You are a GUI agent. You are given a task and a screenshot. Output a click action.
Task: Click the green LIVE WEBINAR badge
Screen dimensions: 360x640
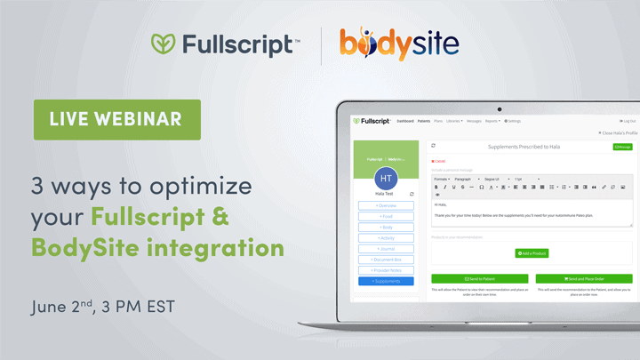[x=117, y=119]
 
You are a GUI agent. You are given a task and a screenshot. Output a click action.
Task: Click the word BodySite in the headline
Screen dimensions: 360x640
[x=81, y=245]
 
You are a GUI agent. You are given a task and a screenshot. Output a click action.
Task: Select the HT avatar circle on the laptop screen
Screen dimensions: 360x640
[x=386, y=179]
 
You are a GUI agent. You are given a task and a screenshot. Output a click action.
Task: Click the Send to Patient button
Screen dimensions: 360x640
[x=479, y=278]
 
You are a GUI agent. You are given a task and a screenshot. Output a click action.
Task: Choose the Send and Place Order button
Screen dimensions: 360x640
[x=584, y=278]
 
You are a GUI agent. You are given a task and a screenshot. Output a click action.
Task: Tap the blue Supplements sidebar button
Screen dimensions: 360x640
[x=386, y=281]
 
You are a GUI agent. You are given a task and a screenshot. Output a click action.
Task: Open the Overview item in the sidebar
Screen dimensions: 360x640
[x=386, y=204]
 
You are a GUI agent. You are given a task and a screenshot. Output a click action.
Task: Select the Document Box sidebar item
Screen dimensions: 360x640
[x=386, y=260]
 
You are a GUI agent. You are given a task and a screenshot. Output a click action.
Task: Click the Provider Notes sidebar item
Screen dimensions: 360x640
[x=386, y=270]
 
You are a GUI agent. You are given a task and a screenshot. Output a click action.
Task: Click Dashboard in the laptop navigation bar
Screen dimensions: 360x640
[x=405, y=121]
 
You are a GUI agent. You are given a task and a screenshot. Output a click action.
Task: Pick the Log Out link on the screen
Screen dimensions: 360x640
[x=627, y=121]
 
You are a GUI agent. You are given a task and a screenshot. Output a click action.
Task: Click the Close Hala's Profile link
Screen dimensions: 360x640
[x=616, y=132]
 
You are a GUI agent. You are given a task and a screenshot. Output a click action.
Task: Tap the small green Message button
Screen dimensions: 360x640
[x=622, y=147]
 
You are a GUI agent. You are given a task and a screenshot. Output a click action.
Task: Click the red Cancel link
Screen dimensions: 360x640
[x=438, y=161]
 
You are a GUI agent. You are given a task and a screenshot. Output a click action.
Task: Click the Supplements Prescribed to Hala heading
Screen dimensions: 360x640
[x=524, y=147]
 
